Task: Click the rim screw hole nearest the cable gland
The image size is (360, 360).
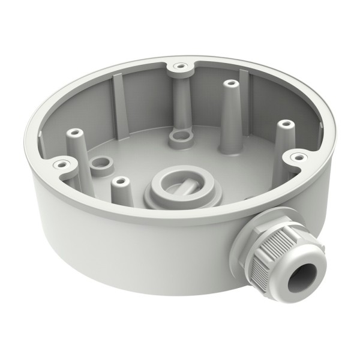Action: [296, 157]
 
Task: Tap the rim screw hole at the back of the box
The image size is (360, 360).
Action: [179, 64]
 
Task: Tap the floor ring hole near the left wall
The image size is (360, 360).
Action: [100, 164]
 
